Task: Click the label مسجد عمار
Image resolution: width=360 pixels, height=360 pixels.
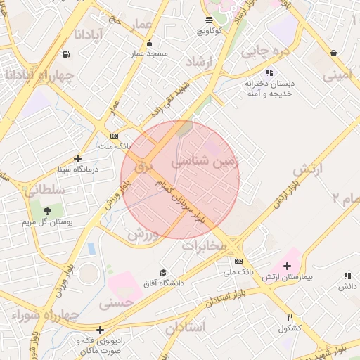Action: pos(147,53)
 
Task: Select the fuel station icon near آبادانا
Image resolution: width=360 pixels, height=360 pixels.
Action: pos(66,54)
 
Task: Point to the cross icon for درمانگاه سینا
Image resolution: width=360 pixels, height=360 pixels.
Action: pos(77,159)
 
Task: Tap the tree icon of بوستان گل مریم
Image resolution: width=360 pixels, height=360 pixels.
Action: pos(47,210)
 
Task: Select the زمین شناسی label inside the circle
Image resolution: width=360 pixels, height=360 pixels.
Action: pos(210,161)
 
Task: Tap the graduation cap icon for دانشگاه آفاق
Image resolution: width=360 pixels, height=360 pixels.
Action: pos(163,272)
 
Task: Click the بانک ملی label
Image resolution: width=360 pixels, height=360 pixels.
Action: pos(238,271)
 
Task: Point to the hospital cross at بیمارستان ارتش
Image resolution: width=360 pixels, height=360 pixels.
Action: pos(286,266)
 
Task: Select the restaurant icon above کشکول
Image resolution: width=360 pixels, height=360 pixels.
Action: pos(290,318)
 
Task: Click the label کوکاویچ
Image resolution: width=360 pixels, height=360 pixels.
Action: pos(210,31)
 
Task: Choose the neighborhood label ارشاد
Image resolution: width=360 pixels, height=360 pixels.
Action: pos(198,63)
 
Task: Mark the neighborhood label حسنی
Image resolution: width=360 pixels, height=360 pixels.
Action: pos(116,304)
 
